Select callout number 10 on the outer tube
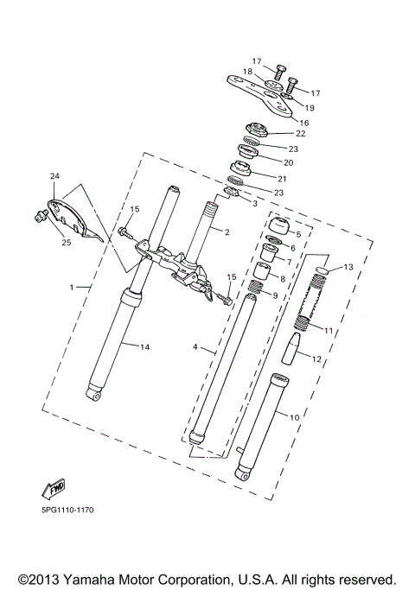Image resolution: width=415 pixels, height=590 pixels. pyautogui.click(x=294, y=417)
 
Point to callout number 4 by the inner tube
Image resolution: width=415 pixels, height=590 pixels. pyautogui.click(x=196, y=347)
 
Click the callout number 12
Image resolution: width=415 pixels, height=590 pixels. pyautogui.click(x=315, y=358)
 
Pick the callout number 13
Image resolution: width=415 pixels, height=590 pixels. pyautogui.click(x=348, y=267)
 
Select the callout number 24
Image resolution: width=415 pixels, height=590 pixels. pyautogui.click(x=54, y=177)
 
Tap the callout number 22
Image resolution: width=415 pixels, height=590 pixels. pyautogui.click(x=300, y=133)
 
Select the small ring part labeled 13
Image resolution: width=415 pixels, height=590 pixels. pyautogui.click(x=318, y=270)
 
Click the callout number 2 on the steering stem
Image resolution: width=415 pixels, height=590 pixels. pyautogui.click(x=226, y=232)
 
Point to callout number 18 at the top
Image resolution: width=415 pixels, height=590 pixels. pyautogui.click(x=247, y=72)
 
